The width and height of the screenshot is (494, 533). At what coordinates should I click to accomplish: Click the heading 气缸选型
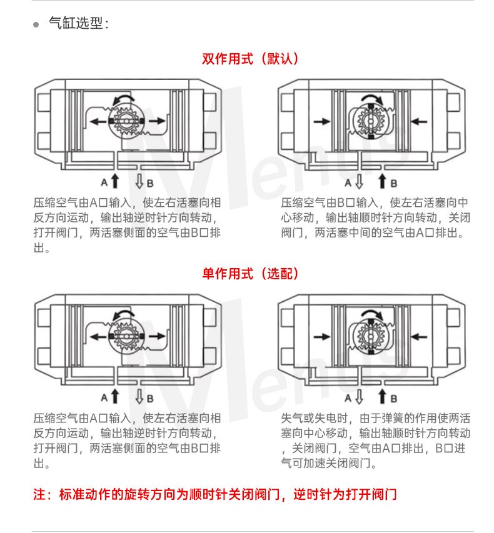(x=76, y=23)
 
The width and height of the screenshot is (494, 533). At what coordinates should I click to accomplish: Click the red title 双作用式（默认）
(x=250, y=59)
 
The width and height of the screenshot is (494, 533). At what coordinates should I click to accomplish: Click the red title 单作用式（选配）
(x=250, y=274)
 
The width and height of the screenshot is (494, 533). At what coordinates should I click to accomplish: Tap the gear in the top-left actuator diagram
(x=126, y=121)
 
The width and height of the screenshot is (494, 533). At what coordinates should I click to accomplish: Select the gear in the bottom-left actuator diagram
(x=126, y=336)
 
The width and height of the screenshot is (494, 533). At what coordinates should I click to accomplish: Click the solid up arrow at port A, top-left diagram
(x=115, y=181)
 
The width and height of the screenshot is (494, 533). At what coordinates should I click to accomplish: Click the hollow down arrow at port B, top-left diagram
(x=139, y=181)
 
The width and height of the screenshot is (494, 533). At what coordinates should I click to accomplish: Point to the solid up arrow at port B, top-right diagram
(x=383, y=181)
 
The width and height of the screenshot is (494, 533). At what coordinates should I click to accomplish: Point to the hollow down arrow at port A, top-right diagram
(x=359, y=181)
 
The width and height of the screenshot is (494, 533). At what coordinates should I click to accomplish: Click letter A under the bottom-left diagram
(x=104, y=397)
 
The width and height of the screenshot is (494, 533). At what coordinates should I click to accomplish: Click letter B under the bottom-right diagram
(x=394, y=399)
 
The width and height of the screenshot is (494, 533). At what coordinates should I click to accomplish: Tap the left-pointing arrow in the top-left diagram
(x=98, y=121)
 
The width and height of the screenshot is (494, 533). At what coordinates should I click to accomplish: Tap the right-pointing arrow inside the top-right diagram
(x=322, y=121)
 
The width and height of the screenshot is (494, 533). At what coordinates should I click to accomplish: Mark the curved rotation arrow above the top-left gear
(x=124, y=99)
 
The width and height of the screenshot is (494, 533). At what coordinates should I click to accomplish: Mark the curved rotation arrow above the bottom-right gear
(x=373, y=314)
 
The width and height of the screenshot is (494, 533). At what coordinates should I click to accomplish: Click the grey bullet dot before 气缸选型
(x=36, y=24)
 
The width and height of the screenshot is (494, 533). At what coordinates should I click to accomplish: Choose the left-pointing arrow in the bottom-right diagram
(x=419, y=337)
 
